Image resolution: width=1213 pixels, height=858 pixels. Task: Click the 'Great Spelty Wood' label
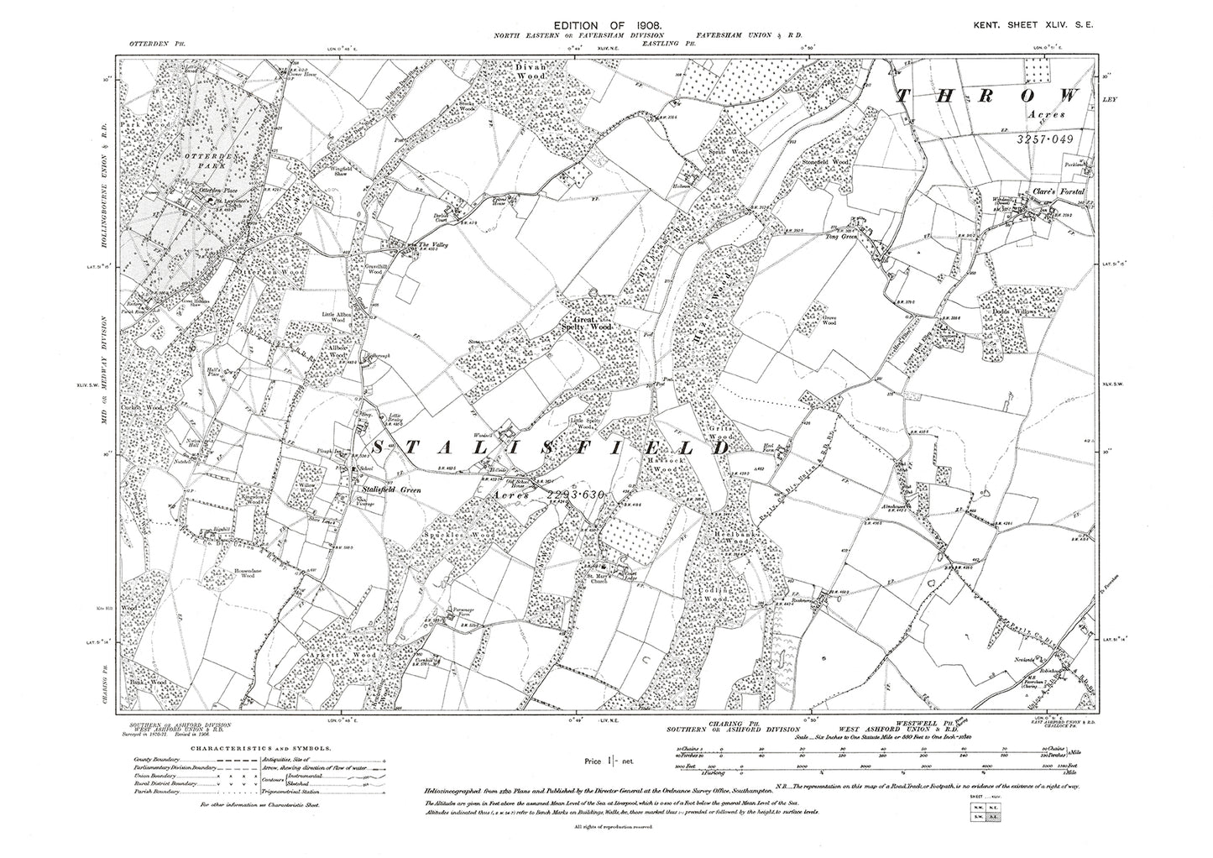pos(593,324)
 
